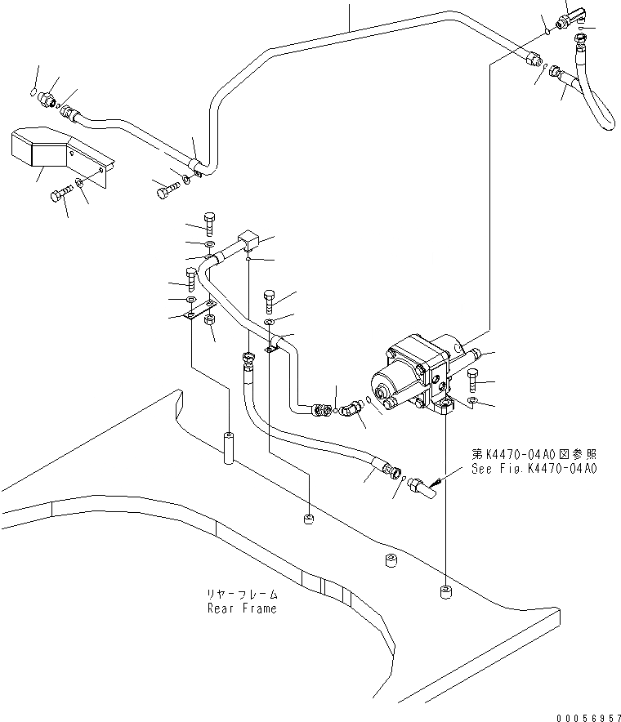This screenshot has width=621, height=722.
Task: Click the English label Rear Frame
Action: (x=241, y=608)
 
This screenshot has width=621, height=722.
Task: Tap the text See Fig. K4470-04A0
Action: (x=534, y=469)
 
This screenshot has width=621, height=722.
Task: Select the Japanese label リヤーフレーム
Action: (x=241, y=595)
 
